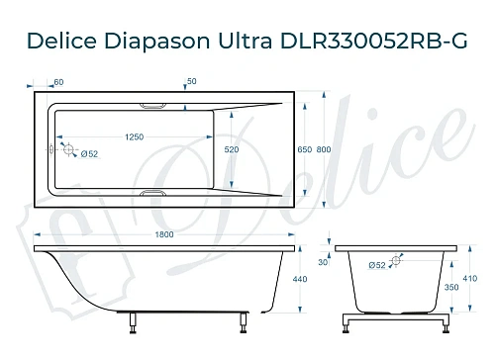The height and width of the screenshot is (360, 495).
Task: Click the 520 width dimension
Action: [232, 148]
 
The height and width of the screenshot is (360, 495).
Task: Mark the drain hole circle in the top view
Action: [68, 148]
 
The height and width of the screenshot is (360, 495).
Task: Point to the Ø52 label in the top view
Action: [88, 154]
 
